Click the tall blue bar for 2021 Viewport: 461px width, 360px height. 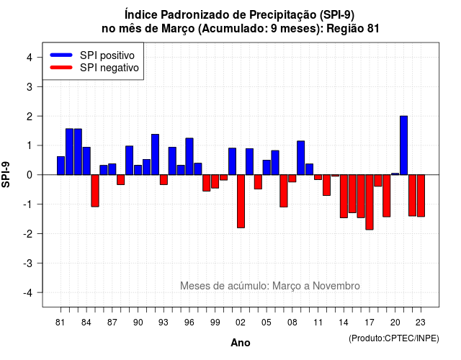(x=403, y=145)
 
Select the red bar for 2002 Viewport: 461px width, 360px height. (x=241, y=202)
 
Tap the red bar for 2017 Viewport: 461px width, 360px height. (x=370, y=202)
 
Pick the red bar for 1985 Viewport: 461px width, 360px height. (x=95, y=191)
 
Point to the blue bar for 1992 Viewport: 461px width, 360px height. (x=155, y=155)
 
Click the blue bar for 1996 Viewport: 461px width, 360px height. (x=189, y=156)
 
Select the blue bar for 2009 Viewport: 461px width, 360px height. (x=301, y=158)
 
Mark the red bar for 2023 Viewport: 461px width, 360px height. (x=421, y=196)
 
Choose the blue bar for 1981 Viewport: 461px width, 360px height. (x=61, y=166)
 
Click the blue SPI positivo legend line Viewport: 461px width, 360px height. (x=61, y=55)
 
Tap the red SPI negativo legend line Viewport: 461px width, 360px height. (x=61, y=68)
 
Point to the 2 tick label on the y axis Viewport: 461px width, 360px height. (x=30, y=117)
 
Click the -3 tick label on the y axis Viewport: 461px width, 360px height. (x=28, y=264)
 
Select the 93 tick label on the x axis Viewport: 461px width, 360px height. (x=164, y=323)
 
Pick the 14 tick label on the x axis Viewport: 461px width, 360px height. (x=344, y=323)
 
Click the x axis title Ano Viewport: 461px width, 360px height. (x=241, y=343)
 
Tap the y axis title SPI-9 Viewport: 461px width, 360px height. (x=6, y=174)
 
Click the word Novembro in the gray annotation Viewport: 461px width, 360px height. (x=336, y=286)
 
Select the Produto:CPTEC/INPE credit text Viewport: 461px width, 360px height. (x=394, y=338)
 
